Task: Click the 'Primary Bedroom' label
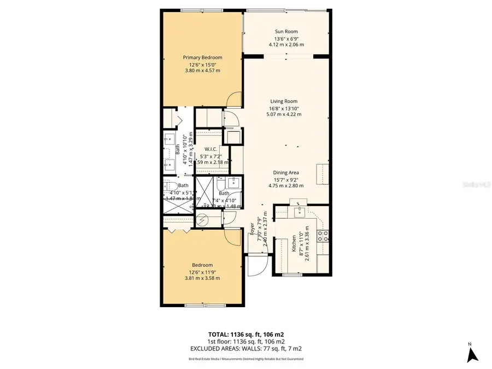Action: click(202, 57)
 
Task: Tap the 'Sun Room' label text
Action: click(286, 32)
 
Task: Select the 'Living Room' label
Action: click(283, 101)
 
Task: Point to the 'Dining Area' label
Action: click(285, 172)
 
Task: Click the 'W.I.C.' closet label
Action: click(212, 149)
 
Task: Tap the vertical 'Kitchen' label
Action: click(294, 241)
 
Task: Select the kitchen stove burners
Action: click(323, 236)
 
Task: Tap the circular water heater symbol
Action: click(203, 220)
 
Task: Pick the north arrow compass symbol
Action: click(473, 355)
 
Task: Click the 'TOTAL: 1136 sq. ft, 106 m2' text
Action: click(245, 334)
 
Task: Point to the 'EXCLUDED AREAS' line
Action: click(245, 348)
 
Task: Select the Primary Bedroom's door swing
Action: click(233, 99)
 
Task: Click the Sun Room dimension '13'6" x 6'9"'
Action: click(286, 38)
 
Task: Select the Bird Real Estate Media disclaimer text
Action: click(245, 359)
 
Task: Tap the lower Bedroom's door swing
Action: click(233, 237)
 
